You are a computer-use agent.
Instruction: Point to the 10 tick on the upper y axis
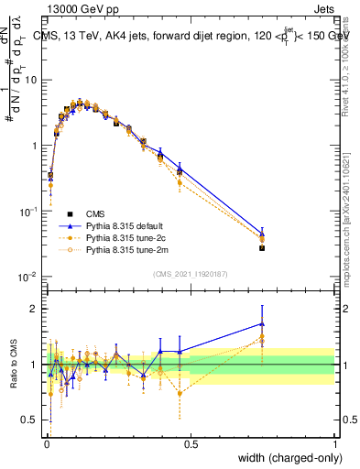[x=30, y=80]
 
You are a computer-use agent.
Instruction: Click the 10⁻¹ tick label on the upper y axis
[x=28, y=211]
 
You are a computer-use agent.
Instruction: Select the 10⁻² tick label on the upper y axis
[x=28, y=277]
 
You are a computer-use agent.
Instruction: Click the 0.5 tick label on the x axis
[x=191, y=442]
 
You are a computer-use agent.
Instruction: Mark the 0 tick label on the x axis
[x=47, y=442]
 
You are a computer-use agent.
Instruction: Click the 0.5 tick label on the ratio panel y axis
[x=31, y=420]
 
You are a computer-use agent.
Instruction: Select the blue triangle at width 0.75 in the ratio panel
[x=262, y=323]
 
